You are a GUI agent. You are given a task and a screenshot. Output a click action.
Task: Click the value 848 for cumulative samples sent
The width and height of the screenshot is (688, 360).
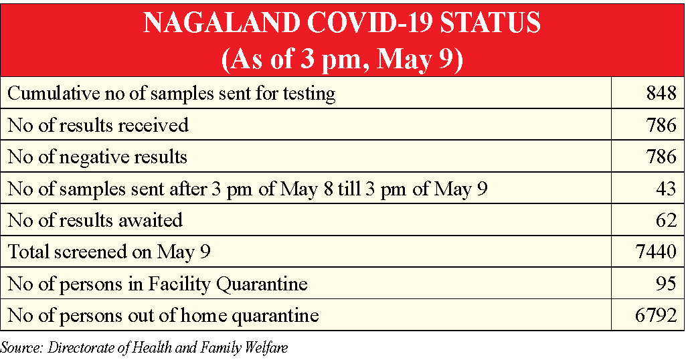[661, 93]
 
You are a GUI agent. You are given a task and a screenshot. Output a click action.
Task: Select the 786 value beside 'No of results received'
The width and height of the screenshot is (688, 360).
[661, 125]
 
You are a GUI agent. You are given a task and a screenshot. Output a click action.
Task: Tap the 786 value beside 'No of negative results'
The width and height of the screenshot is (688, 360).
[661, 157]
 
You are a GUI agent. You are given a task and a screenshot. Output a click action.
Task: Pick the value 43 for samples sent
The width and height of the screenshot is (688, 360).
[667, 188]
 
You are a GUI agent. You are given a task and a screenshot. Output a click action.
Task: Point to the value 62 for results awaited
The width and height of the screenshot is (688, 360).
[667, 219]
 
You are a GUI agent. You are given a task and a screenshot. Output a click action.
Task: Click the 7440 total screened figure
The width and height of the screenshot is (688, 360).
[656, 251]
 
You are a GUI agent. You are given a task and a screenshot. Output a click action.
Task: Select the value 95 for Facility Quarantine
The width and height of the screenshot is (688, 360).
[667, 283]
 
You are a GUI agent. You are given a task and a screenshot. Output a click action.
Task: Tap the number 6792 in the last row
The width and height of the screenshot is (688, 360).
[656, 315]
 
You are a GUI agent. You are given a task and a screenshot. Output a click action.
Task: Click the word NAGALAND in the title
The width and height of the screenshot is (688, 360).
[222, 23]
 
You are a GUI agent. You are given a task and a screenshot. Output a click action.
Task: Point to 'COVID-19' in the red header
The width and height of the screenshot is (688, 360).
[370, 23]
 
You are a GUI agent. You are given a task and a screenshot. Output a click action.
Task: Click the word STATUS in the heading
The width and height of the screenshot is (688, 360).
[490, 23]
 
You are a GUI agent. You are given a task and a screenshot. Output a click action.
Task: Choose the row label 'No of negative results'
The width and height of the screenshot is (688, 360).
[98, 157]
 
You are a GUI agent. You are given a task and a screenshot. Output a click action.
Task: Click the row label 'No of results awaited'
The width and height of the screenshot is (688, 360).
[95, 219]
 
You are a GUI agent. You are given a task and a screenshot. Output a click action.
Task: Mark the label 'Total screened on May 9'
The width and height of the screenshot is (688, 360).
[109, 252]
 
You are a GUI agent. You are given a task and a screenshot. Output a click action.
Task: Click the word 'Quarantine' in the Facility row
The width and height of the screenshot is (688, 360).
[262, 284]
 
